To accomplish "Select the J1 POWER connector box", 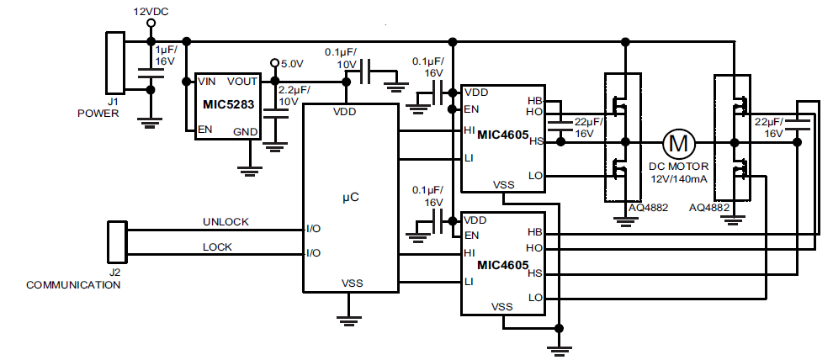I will pyautogui.click(x=113, y=62).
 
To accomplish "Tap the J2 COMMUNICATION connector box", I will pyautogui.click(x=116, y=242).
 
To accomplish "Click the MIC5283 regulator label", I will pyautogui.click(x=227, y=104).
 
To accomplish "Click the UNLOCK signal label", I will pyautogui.click(x=225, y=222).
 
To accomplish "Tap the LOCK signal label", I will pyautogui.click(x=217, y=247).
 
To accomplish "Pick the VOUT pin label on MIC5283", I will pyautogui.click(x=243, y=82).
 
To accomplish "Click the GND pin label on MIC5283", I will pyautogui.click(x=245, y=132).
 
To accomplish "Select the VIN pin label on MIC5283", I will pyautogui.click(x=207, y=82).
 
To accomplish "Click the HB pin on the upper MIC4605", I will pyautogui.click(x=534, y=100).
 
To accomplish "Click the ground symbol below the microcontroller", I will pyautogui.click(x=349, y=319).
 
